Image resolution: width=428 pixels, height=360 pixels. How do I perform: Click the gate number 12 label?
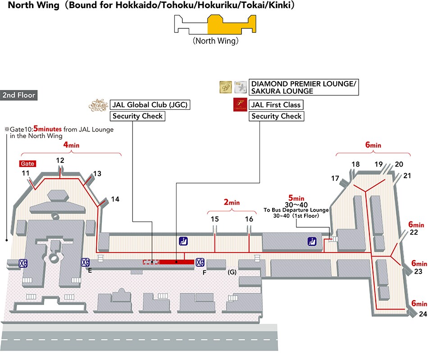click(x=60, y=161)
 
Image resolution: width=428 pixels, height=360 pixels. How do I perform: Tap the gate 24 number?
click(x=423, y=314)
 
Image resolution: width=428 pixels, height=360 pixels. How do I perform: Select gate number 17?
click(x=335, y=179)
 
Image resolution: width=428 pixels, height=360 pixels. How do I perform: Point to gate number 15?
click(x=214, y=219)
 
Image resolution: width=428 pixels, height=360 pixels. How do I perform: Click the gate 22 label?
click(x=414, y=232)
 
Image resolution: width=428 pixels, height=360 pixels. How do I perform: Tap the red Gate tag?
click(x=27, y=164)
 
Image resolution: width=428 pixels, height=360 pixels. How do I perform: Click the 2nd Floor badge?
click(x=18, y=95)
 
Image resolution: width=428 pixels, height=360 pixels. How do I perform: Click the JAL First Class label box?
click(x=276, y=105)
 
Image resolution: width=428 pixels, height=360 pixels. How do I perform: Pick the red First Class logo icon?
click(x=239, y=105)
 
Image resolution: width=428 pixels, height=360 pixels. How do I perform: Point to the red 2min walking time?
click(x=232, y=202)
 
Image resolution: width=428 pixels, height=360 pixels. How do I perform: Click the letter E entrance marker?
click(x=90, y=271)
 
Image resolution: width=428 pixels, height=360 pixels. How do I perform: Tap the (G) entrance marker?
click(x=232, y=272)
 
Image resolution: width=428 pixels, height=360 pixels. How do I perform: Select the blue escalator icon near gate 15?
click(x=183, y=241)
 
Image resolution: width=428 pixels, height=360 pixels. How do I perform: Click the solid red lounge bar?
click(x=178, y=261)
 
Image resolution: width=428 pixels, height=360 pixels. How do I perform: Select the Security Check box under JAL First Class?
click(x=276, y=117)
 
